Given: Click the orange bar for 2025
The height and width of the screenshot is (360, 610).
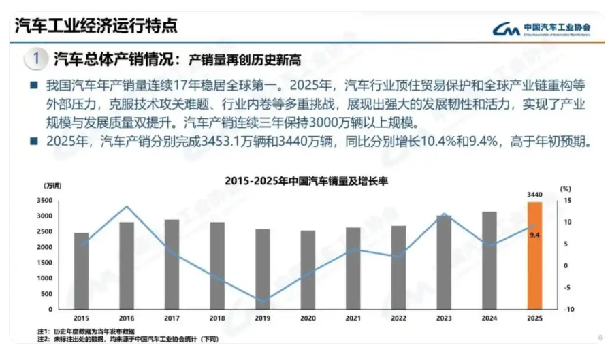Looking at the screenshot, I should tap(534, 255).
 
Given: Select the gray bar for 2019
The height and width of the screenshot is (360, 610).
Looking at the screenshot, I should tap(262, 269).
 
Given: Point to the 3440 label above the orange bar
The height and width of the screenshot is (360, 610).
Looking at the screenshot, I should tap(534, 195).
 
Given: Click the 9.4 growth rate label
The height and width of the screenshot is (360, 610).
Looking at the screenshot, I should tap(534, 235).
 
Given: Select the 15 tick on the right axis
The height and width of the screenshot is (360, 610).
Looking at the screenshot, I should tap(566, 201).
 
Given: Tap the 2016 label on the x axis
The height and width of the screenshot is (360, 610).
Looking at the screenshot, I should tap(127, 318).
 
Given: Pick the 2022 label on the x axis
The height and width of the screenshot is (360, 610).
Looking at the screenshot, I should tap(398, 318).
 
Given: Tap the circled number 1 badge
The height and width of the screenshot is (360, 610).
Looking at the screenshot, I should tap(36, 59).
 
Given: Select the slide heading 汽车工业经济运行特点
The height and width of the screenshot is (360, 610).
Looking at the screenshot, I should tap(96, 26).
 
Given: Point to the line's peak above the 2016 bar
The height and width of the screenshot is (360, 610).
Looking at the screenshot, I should tap(127, 206).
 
